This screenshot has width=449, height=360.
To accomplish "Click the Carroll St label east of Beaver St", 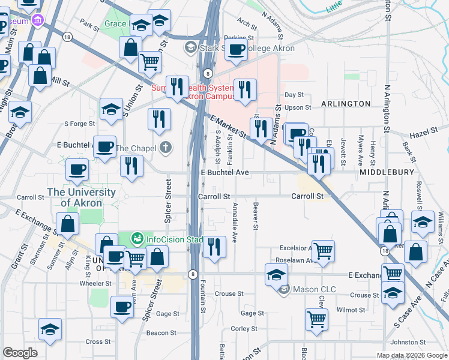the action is [x=307, y=196].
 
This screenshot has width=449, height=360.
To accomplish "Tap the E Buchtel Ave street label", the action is [x=224, y=173].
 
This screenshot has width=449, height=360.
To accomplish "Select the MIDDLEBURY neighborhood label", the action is [x=387, y=172].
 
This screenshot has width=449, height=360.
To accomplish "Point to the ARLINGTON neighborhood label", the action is [x=346, y=104].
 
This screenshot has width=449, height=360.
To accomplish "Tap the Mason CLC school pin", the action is [x=285, y=289].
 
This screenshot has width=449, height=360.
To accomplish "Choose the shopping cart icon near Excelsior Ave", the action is [x=323, y=250].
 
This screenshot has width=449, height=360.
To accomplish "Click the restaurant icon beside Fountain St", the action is [x=214, y=245].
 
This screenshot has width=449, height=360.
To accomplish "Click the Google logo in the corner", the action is [x=20, y=353].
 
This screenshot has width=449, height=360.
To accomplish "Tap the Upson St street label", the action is [x=298, y=108].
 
